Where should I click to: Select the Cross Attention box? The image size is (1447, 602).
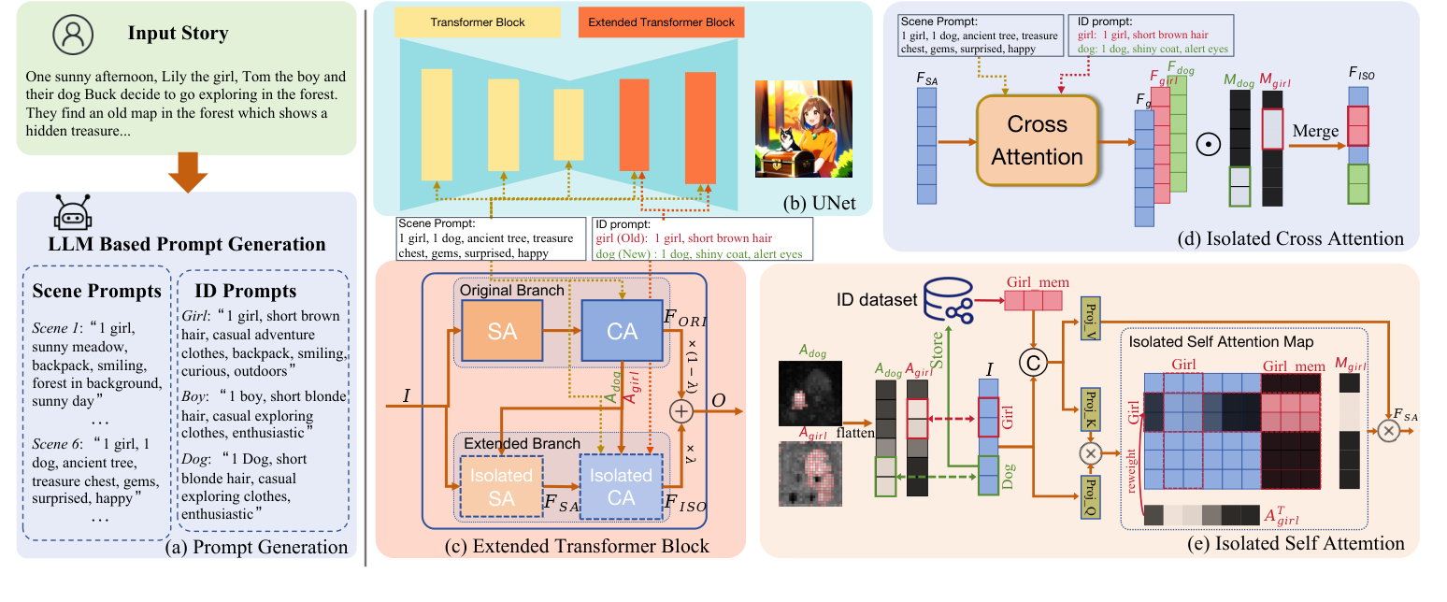(x=1037, y=141)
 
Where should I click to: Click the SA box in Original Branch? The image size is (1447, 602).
(x=502, y=330)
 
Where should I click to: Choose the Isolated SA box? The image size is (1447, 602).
(x=501, y=486)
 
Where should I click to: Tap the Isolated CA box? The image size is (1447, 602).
(x=621, y=486)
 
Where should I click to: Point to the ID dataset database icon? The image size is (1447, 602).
(x=945, y=299)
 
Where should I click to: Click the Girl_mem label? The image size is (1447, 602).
(x=1038, y=280)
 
